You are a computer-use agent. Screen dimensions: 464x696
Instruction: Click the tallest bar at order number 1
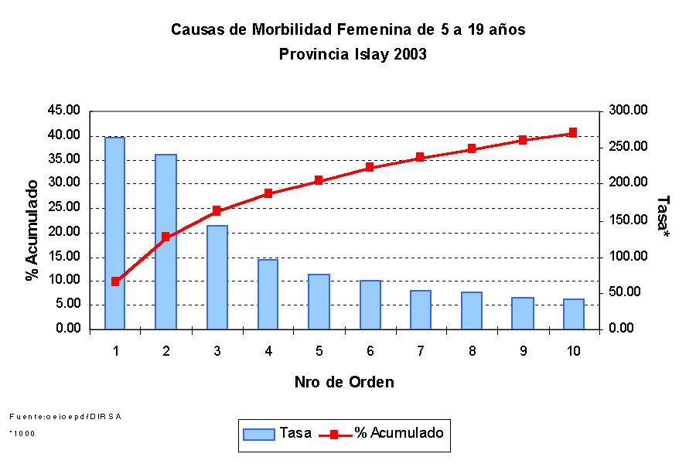[114, 233]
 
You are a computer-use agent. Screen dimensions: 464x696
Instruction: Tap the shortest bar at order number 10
[573, 314]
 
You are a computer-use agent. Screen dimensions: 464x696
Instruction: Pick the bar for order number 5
[319, 302]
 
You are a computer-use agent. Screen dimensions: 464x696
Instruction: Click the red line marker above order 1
[115, 281]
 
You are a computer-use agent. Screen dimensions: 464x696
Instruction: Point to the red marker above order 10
[573, 133]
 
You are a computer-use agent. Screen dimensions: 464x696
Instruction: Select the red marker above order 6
[370, 167]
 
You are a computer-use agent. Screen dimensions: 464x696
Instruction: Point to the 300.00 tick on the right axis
[627, 111]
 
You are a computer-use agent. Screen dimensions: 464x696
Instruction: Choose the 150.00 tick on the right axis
[627, 220]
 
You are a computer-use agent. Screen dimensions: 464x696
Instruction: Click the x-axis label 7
[420, 351]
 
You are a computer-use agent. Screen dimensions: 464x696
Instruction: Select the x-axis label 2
[165, 351]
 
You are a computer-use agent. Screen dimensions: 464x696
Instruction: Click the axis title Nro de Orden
[344, 382]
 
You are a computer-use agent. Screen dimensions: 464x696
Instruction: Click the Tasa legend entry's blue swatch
[259, 434]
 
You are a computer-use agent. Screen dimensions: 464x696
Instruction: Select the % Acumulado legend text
[399, 433]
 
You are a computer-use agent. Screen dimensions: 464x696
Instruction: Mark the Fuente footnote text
[65, 416]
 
